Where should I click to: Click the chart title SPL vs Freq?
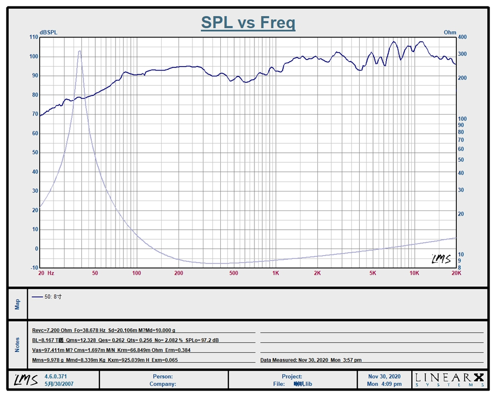point(248,23)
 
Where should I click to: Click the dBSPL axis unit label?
point(49,33)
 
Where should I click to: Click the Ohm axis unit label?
point(450,33)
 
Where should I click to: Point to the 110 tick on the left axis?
point(34,37)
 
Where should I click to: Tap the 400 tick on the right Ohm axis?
point(462,37)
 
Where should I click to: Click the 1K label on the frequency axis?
point(275,273)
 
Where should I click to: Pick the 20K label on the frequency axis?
point(456,273)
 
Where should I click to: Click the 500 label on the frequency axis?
point(234,273)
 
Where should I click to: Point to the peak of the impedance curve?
point(79,51)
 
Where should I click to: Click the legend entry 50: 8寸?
point(47,297)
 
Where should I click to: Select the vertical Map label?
point(17,304)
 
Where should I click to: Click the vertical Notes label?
point(17,344)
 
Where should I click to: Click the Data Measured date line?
point(311,360)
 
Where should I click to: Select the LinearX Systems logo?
point(449,380)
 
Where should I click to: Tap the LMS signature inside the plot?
point(440,259)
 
